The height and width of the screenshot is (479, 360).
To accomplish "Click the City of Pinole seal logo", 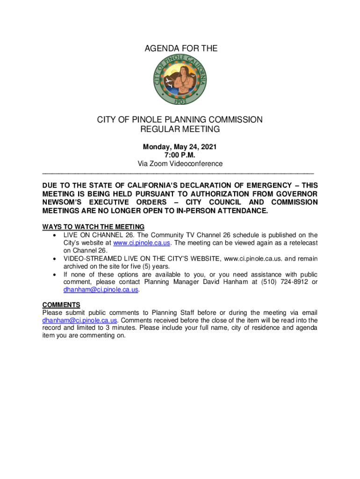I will click(180, 81).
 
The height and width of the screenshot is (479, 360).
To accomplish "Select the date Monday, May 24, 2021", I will click(180, 147).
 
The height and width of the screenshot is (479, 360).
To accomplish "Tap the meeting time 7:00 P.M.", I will click(180, 155).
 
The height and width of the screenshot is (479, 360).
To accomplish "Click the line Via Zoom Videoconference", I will click(180, 164).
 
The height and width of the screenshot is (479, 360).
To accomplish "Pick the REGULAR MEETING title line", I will click(180, 129).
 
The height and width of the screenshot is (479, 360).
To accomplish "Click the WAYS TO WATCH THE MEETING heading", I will click(93, 227).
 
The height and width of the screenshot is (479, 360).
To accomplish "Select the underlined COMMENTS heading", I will click(61, 305).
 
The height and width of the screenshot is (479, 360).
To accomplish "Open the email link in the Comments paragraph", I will click(79, 320).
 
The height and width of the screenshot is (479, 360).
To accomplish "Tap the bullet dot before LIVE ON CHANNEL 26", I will click(56, 235).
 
